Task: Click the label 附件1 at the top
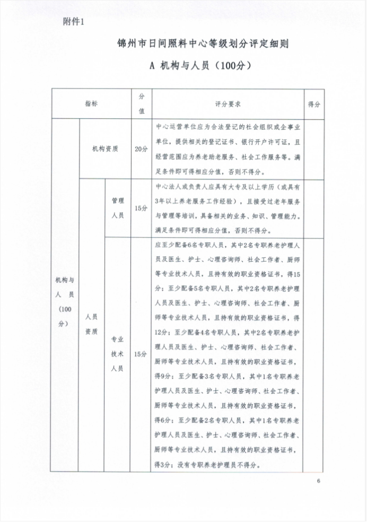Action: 74,22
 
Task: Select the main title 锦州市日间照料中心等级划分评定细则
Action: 203,44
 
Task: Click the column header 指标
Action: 91,104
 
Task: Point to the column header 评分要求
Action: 228,104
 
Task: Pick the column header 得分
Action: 314,105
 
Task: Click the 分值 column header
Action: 142,104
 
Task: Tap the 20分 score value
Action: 141,149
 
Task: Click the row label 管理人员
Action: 118,207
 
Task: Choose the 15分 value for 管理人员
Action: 141,208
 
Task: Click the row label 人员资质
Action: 92,324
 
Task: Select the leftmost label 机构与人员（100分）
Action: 65,301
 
